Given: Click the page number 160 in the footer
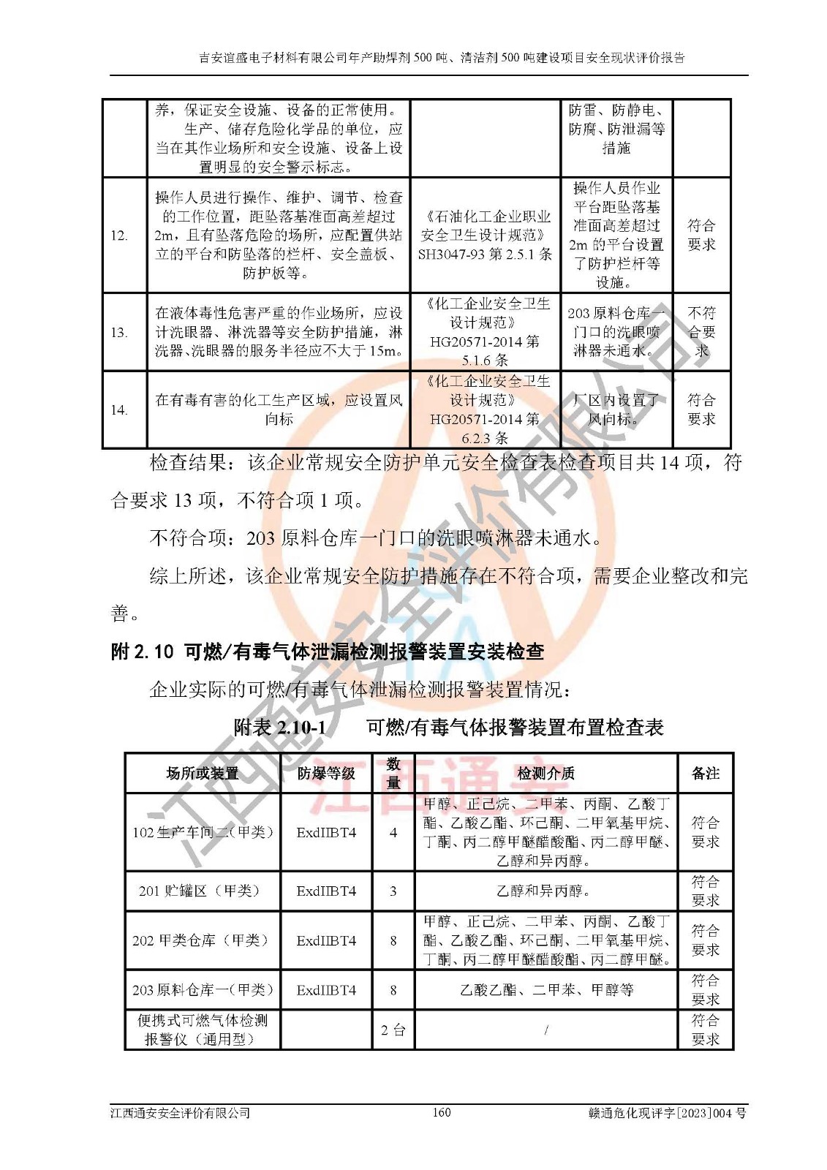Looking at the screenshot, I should (441, 1112).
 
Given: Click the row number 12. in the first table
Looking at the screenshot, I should (119, 235).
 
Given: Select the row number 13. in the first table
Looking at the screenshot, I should (119, 333).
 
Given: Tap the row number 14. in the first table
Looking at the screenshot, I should (119, 410).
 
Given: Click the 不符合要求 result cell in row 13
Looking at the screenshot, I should (701, 332).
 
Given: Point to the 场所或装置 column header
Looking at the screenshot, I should (203, 774).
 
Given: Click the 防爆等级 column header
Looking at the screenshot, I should (326, 774).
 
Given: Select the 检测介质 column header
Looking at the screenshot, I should (545, 774).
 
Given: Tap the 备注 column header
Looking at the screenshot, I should (705, 774).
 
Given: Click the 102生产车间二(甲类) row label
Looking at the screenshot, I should (203, 832).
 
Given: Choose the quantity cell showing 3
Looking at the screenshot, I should (393, 891).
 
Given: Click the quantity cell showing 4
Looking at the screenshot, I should (393, 832).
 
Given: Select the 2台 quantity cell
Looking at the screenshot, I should (393, 1030).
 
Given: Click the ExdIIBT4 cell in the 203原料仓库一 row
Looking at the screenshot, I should (326, 990).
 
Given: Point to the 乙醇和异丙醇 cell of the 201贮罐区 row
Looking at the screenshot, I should (545, 891).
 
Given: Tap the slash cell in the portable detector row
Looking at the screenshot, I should (545, 1030).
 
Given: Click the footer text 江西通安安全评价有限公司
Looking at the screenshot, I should (180, 1113).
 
